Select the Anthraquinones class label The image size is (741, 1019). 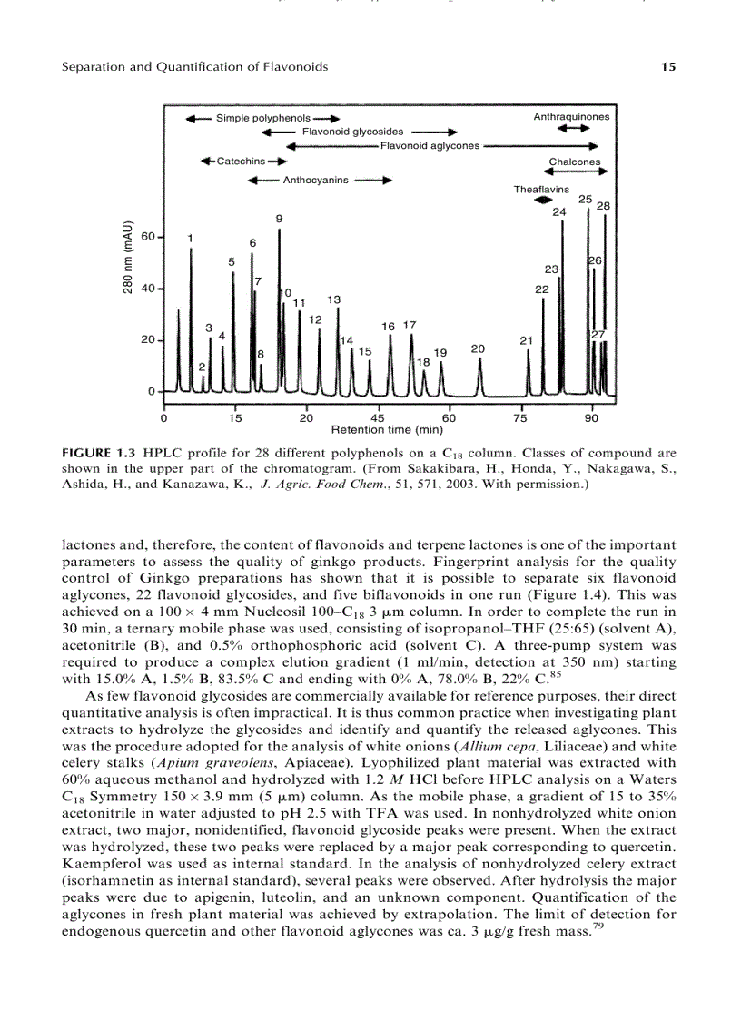click(x=571, y=117)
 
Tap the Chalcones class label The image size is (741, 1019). click(x=575, y=162)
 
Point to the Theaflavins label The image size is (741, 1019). click(x=541, y=190)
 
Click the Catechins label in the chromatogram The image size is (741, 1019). click(x=241, y=162)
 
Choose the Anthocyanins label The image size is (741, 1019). click(x=315, y=180)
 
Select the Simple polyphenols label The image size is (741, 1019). click(x=262, y=118)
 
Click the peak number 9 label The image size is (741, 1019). click(x=279, y=219)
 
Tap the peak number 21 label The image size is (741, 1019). click(x=526, y=340)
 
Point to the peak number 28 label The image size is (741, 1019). click(x=603, y=206)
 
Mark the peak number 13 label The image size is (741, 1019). click(x=334, y=299)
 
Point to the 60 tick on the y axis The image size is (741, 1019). click(x=147, y=236)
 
